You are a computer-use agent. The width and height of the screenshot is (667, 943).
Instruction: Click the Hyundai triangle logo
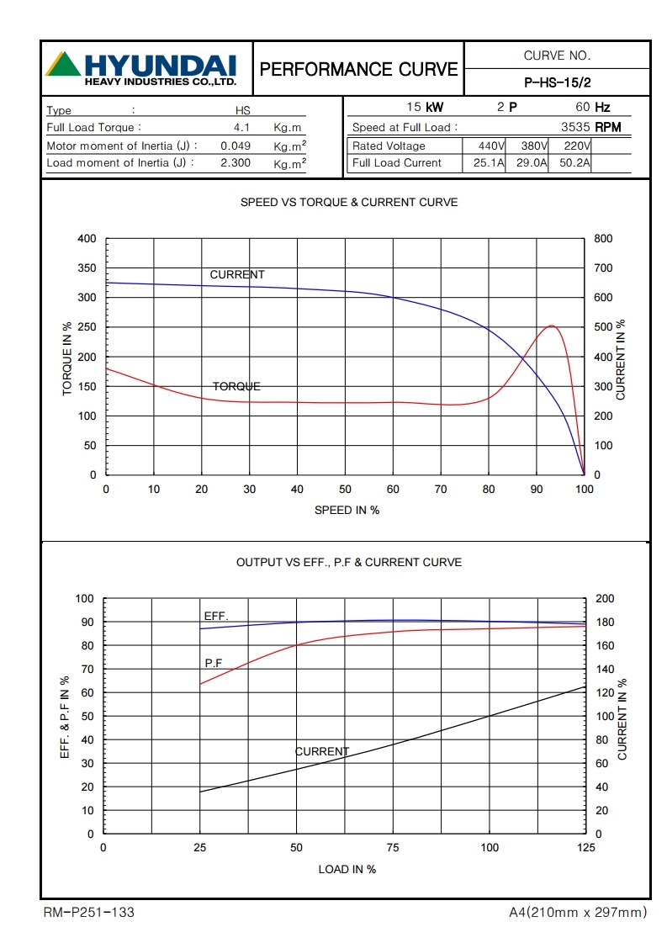pyautogui.click(x=63, y=65)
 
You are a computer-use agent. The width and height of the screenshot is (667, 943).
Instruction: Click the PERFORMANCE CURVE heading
pyautogui.click(x=359, y=69)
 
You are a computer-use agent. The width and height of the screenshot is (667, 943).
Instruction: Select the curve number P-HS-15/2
pyautogui.click(x=557, y=82)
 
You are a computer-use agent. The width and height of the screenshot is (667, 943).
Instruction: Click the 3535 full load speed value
pyautogui.click(x=576, y=128)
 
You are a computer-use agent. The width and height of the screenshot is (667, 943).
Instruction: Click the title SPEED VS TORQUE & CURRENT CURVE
pyautogui.click(x=349, y=203)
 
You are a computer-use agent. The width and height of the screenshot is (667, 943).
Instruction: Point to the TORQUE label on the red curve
pyautogui.click(x=236, y=387)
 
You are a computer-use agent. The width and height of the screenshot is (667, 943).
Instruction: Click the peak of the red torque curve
pyautogui.click(x=551, y=326)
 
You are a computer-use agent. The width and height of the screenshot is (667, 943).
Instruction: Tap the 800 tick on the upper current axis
pyautogui.click(x=603, y=239)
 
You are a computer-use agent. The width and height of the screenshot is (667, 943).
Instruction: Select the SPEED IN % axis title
pyautogui.click(x=347, y=511)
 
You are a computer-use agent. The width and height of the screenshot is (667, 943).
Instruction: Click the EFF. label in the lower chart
pyautogui.click(x=215, y=617)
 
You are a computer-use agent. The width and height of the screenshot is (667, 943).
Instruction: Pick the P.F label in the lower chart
pyautogui.click(x=214, y=663)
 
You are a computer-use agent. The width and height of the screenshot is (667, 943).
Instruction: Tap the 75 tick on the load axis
pyautogui.click(x=392, y=848)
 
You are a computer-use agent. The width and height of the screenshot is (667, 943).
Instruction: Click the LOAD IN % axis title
pyautogui.click(x=347, y=869)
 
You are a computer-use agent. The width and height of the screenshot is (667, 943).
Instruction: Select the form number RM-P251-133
pyautogui.click(x=88, y=913)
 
